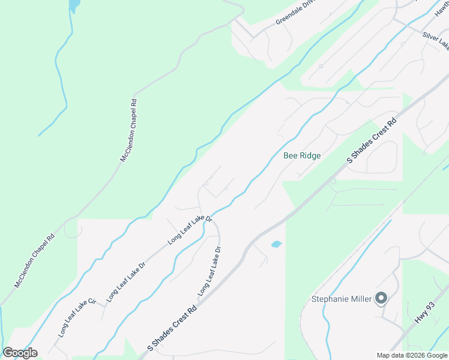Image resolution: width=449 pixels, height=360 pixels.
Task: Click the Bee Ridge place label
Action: tap(301, 156)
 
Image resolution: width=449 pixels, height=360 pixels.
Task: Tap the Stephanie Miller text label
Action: tap(342, 298)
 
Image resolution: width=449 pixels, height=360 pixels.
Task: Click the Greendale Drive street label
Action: tap(295, 13)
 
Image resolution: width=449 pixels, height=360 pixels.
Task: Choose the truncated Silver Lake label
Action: tap(436, 40)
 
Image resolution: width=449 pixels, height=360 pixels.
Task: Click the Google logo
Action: tap(20, 353)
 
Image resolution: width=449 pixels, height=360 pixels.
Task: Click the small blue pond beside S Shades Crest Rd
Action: tap(276, 244)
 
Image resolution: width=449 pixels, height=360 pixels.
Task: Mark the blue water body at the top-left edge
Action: tap(73, 6)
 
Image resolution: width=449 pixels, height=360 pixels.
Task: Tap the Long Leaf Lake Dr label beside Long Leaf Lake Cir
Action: tap(126, 281)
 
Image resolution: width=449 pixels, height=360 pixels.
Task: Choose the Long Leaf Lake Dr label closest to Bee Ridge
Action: tap(190, 229)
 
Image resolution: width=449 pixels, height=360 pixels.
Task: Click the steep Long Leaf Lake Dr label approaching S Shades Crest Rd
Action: tap(210, 271)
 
